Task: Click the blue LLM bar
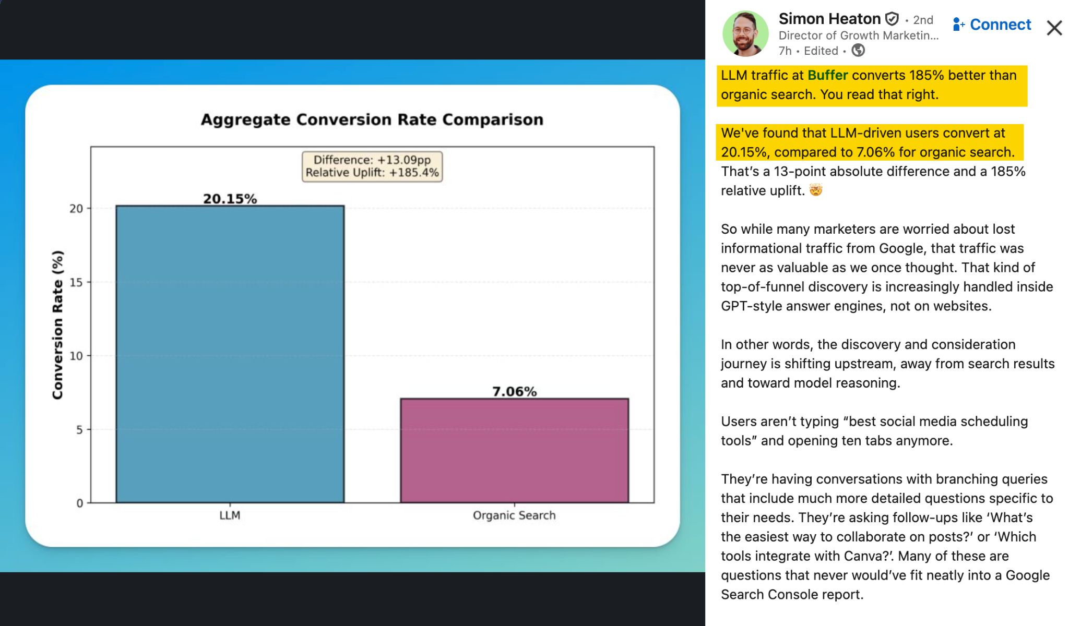(230, 354)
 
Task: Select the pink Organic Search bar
(514, 451)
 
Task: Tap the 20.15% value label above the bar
(230, 199)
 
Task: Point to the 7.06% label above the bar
(514, 391)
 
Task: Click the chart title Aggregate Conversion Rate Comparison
(372, 119)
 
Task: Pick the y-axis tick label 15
(76, 282)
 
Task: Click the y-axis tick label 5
(79, 430)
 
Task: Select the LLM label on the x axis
(230, 515)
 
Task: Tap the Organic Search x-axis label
(514, 515)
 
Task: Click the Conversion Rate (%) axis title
(57, 324)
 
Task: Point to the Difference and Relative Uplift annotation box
(372, 166)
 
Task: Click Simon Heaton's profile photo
(745, 33)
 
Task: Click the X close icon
(1054, 28)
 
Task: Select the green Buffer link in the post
(827, 75)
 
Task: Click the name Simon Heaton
(829, 19)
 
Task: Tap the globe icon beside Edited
(858, 51)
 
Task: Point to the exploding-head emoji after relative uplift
(816, 190)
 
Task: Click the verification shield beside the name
(893, 19)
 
